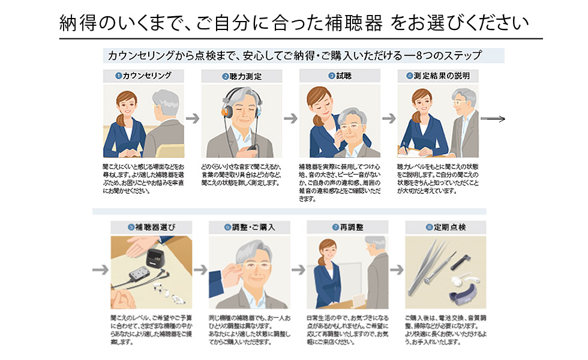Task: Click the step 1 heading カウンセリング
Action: (144, 76)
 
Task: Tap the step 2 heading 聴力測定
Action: (242, 77)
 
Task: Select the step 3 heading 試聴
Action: (340, 76)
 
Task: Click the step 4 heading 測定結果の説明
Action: (437, 76)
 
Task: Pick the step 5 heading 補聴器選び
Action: (152, 227)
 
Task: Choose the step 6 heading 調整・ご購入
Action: (250, 227)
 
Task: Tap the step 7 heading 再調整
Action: (347, 227)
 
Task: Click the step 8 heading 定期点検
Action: (445, 227)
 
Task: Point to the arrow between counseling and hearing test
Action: (193, 119)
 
